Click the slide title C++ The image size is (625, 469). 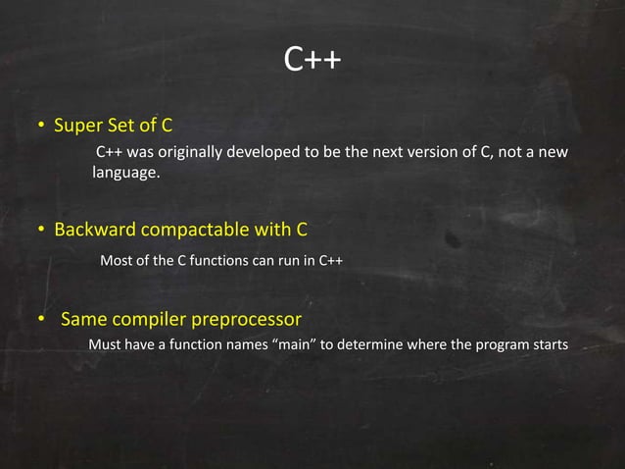[x=312, y=61]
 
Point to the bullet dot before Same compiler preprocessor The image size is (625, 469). [x=42, y=321]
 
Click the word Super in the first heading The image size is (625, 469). [x=76, y=126]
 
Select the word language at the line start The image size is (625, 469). [x=124, y=174]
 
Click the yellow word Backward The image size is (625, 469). [x=96, y=231]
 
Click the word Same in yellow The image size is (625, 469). [x=84, y=320]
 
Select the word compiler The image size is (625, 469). [x=152, y=320]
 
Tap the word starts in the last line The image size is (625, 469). [x=548, y=344]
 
